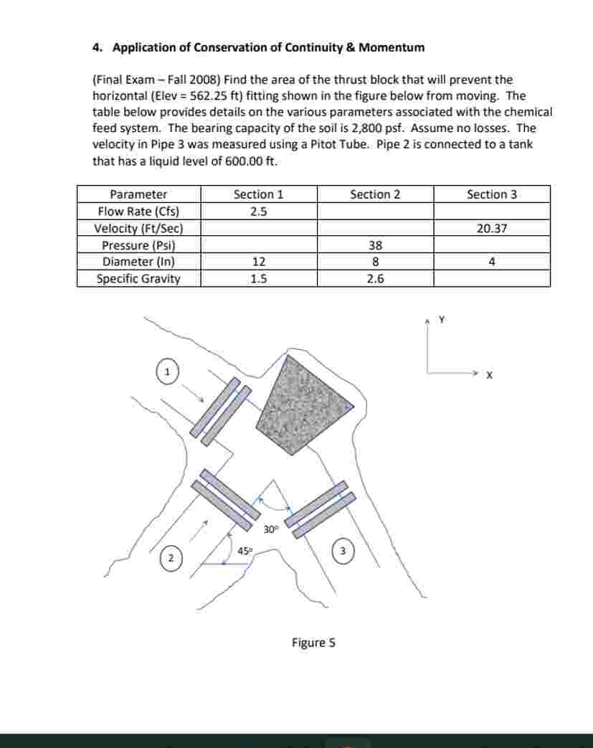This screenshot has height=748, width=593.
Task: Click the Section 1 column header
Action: [258, 194]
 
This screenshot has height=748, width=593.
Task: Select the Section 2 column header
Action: [375, 194]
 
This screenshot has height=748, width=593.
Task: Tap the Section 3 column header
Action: [492, 194]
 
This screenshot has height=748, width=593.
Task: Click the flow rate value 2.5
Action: [258, 212]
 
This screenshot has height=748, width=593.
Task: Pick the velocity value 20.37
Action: [492, 228]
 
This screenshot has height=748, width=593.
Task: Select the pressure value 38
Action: [375, 245]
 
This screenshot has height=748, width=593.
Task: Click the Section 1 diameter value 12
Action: [258, 262]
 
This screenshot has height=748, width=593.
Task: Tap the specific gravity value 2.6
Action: [375, 279]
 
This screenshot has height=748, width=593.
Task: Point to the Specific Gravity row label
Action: [138, 279]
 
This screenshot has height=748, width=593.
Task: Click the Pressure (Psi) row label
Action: [138, 245]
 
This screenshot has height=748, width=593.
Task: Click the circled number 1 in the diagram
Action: [167, 372]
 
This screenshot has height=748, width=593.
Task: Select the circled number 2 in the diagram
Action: [171, 558]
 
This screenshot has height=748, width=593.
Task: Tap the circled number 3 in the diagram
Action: [343, 551]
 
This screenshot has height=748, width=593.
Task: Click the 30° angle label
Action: [270, 529]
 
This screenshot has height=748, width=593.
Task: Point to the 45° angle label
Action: [245, 551]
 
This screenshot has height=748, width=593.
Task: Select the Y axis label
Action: [442, 320]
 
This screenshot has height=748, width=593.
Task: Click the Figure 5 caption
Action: [313, 643]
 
